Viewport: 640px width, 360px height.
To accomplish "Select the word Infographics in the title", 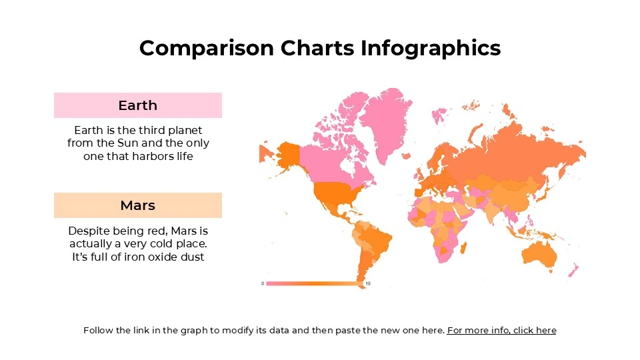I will tap(431, 48).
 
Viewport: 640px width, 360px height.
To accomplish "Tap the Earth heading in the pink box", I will tap(138, 105).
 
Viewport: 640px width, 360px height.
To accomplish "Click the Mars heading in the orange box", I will tap(138, 205).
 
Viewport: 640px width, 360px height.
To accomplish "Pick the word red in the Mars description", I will tap(159, 231).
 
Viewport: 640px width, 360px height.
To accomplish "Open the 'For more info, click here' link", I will tap(501, 330).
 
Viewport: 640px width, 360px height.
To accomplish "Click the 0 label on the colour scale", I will tap(263, 284).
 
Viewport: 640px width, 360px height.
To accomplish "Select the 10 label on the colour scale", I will tap(368, 284).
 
